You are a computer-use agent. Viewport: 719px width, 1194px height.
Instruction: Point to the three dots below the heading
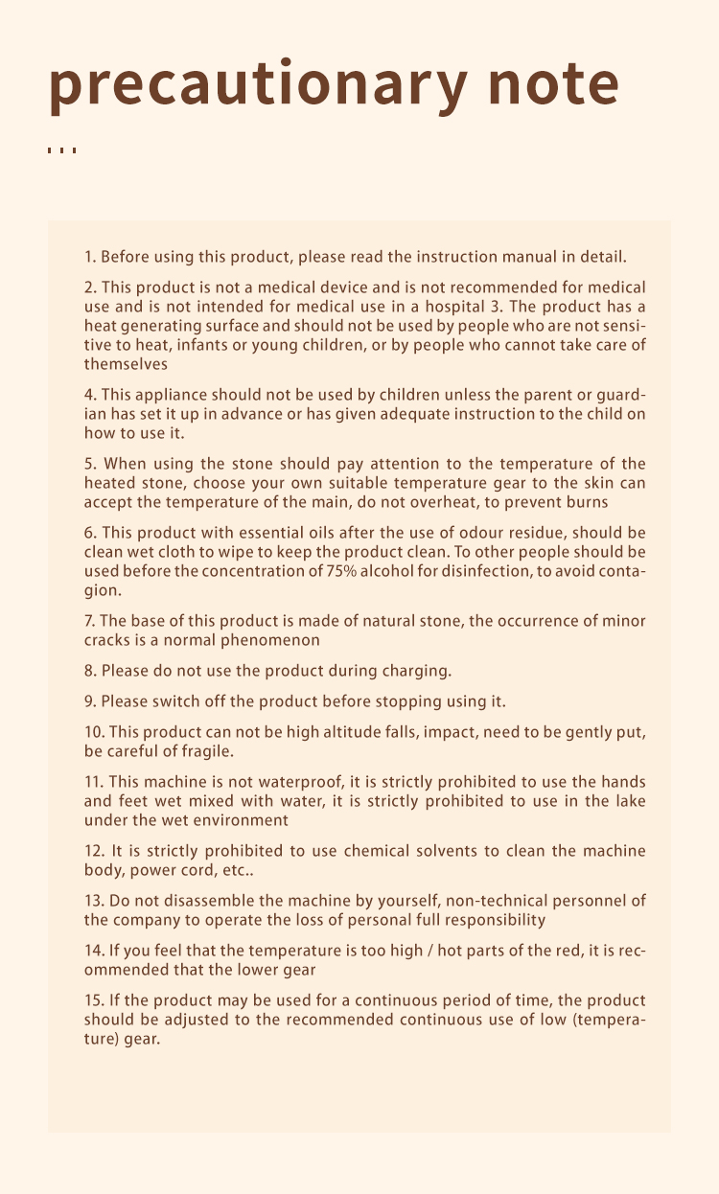(x=61, y=150)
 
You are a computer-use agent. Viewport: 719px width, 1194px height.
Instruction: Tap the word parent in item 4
(x=533, y=395)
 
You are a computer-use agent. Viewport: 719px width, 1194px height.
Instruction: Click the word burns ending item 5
(x=587, y=502)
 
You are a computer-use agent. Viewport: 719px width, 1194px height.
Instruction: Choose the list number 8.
(x=90, y=671)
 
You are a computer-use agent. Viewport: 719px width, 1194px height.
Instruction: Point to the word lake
(x=629, y=801)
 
